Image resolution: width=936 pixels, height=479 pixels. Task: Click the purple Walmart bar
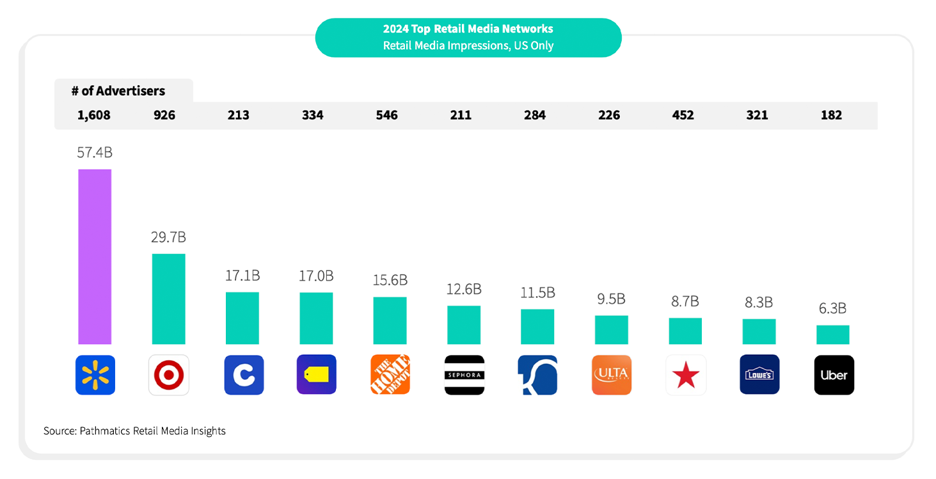tap(95, 256)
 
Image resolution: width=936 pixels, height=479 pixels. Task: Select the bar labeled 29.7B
tap(168, 299)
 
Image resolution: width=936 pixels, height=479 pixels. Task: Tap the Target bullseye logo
tap(169, 375)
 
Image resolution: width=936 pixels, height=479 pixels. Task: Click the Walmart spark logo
tap(95, 375)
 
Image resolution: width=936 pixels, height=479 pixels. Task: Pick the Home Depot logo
tap(390, 375)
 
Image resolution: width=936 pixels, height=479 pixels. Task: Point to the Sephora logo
tap(464, 375)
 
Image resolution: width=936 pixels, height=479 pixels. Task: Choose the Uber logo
tap(834, 375)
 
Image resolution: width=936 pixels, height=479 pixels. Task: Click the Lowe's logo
tap(759, 375)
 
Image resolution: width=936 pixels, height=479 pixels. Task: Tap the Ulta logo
tap(612, 375)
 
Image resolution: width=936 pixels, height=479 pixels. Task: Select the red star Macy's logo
tap(686, 375)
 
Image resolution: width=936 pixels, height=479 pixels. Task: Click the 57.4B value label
tap(95, 153)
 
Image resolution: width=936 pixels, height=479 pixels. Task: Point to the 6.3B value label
tap(832, 309)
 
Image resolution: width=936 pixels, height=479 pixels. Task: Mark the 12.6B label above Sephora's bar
tap(464, 290)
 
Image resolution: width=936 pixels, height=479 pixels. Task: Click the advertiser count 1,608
tap(94, 116)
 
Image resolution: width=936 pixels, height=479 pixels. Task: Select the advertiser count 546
tap(386, 116)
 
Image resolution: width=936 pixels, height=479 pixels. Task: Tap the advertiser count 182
tap(831, 116)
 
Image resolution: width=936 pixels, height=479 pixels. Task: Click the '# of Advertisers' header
tap(118, 91)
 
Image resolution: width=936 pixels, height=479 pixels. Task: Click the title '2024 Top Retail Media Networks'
tap(468, 29)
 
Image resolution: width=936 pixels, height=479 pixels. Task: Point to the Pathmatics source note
tap(134, 431)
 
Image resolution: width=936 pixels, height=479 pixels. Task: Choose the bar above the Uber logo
tap(833, 334)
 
